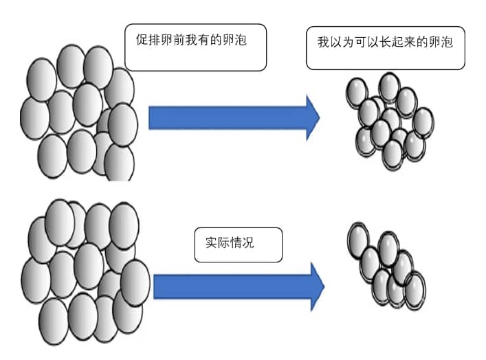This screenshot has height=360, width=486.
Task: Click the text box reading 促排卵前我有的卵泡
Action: pyautogui.click(x=196, y=47)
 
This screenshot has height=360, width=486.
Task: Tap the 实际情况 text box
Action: pyautogui.click(x=238, y=245)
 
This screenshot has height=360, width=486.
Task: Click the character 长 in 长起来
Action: pyautogui.click(x=390, y=42)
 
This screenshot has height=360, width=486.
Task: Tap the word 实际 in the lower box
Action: pyautogui.click(x=220, y=243)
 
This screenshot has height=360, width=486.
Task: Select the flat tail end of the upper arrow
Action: pyautogui.click(x=152, y=117)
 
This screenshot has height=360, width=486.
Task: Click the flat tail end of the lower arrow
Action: pyautogui.click(x=156, y=286)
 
